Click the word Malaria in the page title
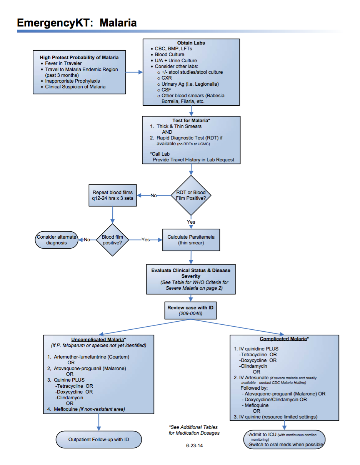[x=118, y=23]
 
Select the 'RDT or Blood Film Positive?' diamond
[x=191, y=196]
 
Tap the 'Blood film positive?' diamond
[x=113, y=240]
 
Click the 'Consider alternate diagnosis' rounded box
[x=57, y=240]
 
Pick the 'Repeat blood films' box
[x=113, y=195]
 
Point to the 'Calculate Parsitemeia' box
[x=191, y=240]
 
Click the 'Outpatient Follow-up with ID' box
[x=98, y=439]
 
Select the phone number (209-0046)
[x=191, y=314]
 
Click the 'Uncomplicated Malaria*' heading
[x=98, y=340]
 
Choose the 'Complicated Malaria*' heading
[x=284, y=339]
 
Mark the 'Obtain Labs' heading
[x=191, y=43]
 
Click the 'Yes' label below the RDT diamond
[x=191, y=222]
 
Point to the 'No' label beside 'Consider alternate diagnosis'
[x=87, y=240]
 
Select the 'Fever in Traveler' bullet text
[x=63, y=63]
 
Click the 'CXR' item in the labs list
[x=167, y=78]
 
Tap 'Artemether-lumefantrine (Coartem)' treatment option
[x=92, y=357]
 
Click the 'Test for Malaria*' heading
[x=191, y=120]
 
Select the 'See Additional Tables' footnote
[x=193, y=427]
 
